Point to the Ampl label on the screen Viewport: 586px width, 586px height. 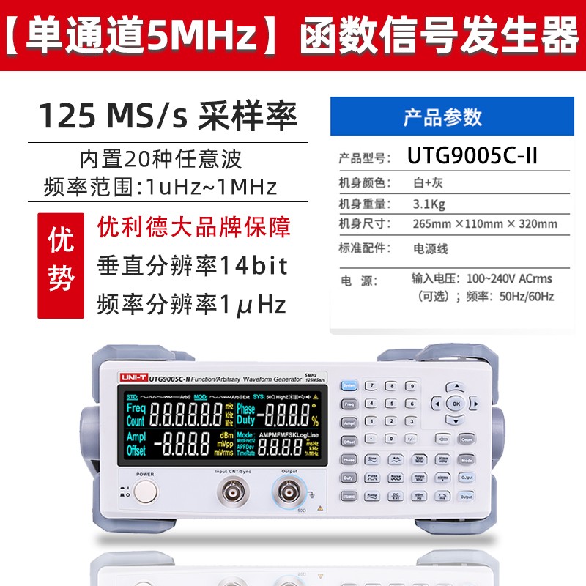136,437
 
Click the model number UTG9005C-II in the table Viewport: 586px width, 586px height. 472,157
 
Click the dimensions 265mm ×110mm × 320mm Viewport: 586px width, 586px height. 484,224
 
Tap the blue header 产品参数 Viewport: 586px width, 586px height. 442,117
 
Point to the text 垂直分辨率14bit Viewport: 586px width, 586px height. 192,264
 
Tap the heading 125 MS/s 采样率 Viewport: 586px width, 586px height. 168,116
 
